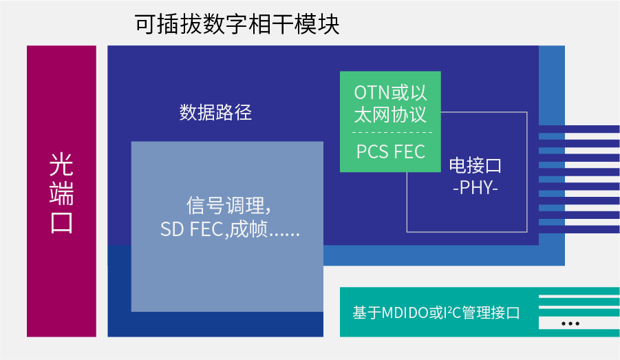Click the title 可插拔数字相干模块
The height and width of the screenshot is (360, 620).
coord(237,25)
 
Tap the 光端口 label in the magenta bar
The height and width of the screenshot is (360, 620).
coord(61,193)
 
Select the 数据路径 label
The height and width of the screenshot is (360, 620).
coord(215,112)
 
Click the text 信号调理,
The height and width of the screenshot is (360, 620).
coord(228,206)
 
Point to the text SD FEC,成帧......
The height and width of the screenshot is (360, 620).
coord(214,229)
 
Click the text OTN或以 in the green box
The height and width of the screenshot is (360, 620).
coord(390,92)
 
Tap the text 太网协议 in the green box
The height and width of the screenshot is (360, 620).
coord(390,115)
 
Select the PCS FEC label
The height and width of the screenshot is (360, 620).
coord(391,151)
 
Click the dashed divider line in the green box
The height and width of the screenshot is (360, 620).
coord(392,132)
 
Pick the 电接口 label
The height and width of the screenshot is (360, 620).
coord(475,165)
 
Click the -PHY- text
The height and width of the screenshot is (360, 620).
coord(475,187)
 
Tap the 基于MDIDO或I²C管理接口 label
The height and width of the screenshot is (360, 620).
coord(436,313)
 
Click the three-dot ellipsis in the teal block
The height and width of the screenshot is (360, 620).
coord(570,324)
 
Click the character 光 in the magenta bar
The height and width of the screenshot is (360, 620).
coord(61,165)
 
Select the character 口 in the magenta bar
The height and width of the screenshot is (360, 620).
coord(61,222)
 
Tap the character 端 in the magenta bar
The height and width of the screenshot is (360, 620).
coord(61,193)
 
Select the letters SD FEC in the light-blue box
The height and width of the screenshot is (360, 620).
coord(192,229)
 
